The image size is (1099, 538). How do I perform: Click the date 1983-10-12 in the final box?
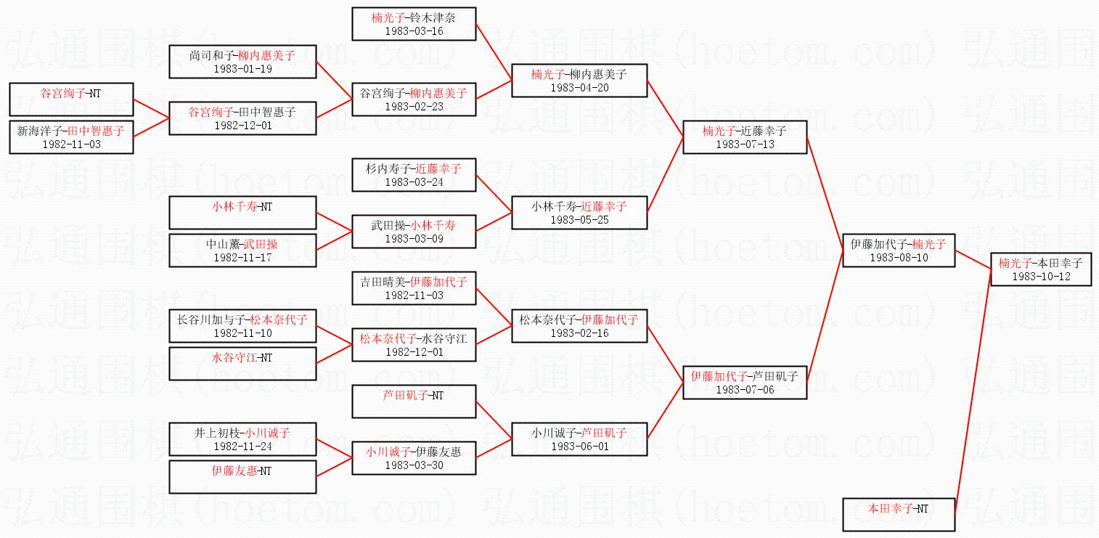[1041, 276]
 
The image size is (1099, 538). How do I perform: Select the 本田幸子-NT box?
[898, 514]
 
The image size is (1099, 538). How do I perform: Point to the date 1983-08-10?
[898, 257]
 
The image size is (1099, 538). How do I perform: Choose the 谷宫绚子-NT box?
[71, 99]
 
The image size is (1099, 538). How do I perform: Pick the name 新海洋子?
[38, 131]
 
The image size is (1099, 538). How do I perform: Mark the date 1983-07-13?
[745, 144]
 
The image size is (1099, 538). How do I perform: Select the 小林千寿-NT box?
[242, 212]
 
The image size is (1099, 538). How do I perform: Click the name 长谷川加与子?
[209, 319]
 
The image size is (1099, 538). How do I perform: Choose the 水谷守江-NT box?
[242, 363]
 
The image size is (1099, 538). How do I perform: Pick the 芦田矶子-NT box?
[413, 401]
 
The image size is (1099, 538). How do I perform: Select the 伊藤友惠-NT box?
[242, 476]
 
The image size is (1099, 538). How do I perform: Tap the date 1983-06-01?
[579, 446]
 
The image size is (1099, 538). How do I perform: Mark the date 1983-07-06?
[745, 389]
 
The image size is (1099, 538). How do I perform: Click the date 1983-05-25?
[579, 219]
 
